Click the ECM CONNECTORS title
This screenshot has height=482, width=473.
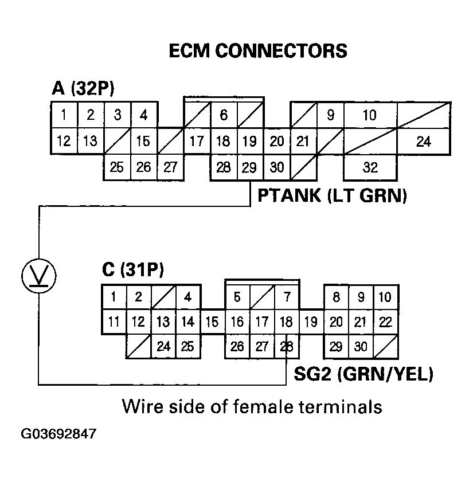coord(258,50)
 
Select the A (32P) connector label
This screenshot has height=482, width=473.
coord(83,88)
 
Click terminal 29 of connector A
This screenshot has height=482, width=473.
coord(249,167)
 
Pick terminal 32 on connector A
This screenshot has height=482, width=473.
coord(370,168)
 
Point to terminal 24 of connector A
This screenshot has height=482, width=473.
coord(423,141)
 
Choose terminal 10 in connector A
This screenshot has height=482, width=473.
coord(370,115)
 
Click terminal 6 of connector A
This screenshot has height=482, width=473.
coord(224,115)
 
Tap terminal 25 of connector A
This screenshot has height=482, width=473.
coord(117,167)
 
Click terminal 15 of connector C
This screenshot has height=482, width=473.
coord(212,322)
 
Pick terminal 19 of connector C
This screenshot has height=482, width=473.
coord(311,322)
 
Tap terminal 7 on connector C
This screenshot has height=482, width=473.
coord(287,297)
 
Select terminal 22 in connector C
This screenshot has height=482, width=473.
coord(386,322)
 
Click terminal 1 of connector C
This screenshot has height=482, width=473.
coord(114,297)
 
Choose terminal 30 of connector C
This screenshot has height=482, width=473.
coord(361,346)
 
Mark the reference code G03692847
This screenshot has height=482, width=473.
coord(58,434)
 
